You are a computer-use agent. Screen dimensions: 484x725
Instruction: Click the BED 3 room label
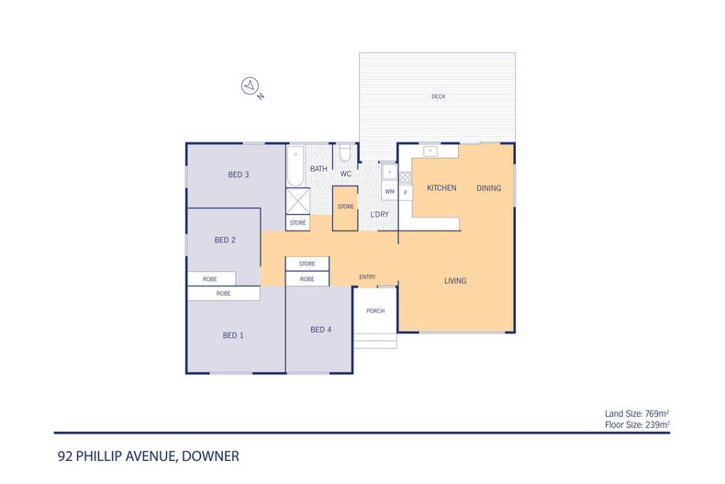239,174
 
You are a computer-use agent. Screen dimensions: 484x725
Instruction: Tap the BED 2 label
225,241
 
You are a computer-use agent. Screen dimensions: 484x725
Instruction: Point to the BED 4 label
319,330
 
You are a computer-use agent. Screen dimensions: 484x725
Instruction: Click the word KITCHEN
441,188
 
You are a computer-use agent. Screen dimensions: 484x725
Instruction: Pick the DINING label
488,188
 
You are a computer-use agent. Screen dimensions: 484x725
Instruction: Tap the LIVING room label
456,281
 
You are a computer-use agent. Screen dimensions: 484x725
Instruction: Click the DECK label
438,96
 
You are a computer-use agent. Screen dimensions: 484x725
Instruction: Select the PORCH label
375,310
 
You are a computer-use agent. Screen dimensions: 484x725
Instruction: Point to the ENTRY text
367,277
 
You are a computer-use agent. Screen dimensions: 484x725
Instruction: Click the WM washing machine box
389,192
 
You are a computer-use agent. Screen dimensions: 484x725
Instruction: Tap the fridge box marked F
405,192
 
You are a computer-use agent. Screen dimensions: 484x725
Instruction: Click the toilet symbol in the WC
345,153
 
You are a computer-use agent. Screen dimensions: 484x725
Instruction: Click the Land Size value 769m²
655,414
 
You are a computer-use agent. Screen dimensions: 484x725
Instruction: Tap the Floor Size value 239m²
655,424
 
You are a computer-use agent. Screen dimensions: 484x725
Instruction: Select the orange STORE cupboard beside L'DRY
345,207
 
